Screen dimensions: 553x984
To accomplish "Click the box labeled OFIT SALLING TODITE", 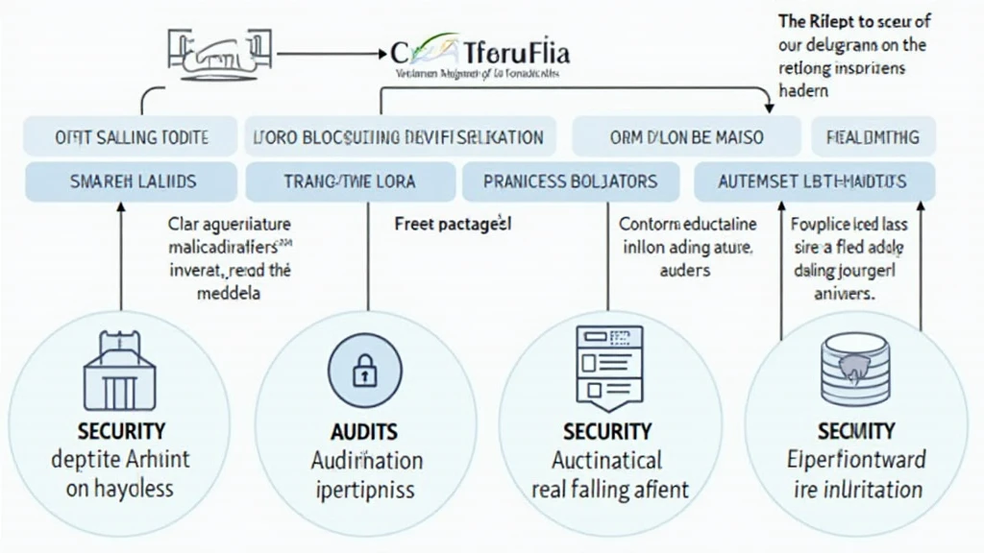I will point(130,136).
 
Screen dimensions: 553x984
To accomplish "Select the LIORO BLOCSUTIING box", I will point(398,136).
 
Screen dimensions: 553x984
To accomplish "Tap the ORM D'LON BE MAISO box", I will point(686,136).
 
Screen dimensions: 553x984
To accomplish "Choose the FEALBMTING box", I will point(873,136).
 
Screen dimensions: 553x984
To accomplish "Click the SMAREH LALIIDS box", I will point(130,180).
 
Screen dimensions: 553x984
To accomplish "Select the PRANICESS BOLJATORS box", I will point(571,180).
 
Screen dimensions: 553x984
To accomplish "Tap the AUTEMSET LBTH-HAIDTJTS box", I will point(812,180).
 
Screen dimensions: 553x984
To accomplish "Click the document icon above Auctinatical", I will point(606,365).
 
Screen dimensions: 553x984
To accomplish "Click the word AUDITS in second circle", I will point(363,432).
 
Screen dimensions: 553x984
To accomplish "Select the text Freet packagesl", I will point(453,224).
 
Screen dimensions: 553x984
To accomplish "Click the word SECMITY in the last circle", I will point(855,431).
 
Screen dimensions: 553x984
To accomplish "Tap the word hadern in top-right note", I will point(803,90).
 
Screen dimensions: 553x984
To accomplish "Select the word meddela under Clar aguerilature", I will point(229,293).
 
